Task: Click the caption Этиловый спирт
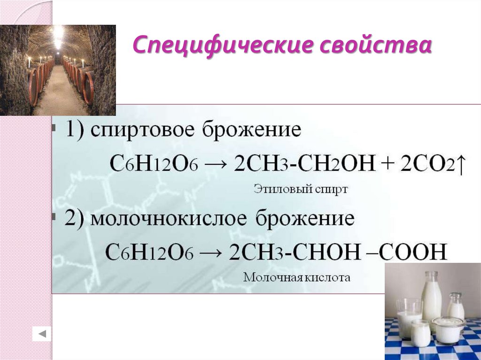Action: (x=301, y=190)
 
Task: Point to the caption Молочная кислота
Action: (x=296, y=277)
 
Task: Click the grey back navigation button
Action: (x=41, y=334)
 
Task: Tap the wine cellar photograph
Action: (x=58, y=70)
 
